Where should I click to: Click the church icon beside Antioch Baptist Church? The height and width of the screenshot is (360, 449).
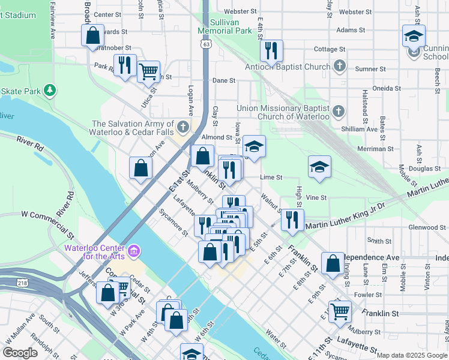340,67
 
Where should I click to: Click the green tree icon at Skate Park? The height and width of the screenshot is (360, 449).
51,91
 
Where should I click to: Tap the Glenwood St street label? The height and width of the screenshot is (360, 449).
424,227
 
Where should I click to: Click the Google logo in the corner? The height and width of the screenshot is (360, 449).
20,353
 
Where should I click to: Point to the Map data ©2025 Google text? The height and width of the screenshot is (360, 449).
412,355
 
